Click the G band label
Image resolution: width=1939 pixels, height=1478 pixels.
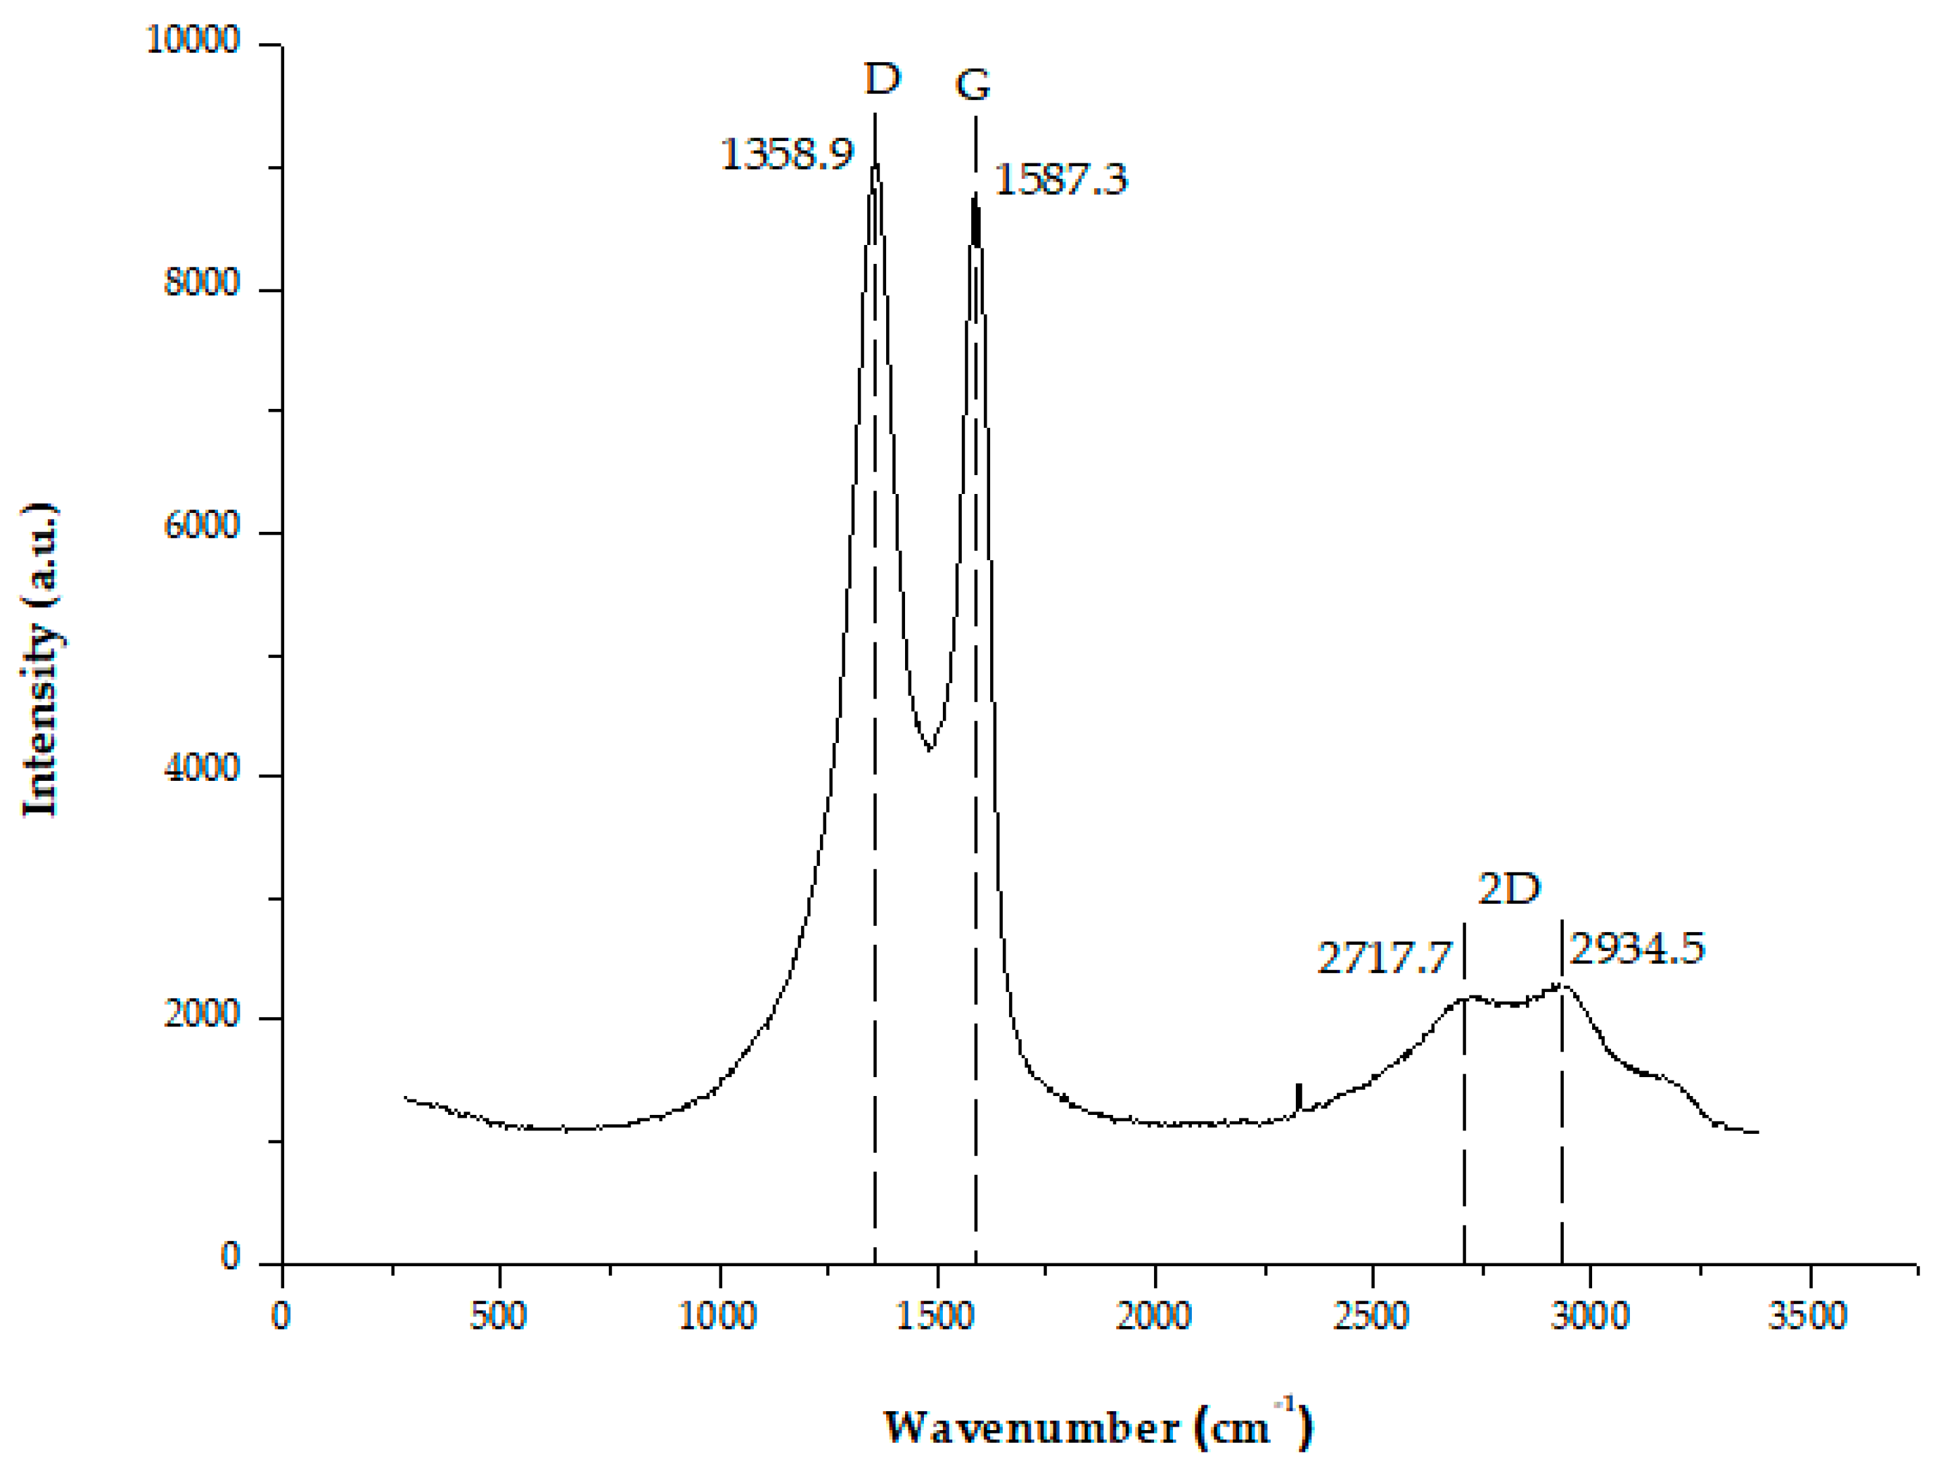(973, 85)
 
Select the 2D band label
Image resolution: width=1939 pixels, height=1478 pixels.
(1510, 889)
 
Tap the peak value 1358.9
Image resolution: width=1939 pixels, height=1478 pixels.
(786, 155)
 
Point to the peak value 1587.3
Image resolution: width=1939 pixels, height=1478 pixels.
(1060, 180)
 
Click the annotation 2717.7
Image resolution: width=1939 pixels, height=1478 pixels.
(1383, 957)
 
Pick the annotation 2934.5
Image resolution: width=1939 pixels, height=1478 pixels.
(1637, 948)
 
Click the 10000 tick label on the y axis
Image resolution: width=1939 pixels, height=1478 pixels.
(192, 40)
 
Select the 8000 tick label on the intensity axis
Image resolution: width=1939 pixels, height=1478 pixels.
(202, 284)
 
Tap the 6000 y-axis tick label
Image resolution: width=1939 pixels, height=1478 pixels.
(202, 527)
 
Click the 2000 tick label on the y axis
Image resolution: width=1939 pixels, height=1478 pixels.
(202, 1014)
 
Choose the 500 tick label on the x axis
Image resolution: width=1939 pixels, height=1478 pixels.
(498, 1317)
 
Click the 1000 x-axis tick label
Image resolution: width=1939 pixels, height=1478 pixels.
(717, 1317)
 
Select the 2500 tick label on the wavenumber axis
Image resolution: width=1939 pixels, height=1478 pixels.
(1371, 1317)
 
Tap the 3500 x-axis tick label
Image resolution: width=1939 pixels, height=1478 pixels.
(1807, 1317)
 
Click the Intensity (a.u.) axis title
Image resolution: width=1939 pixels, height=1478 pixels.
(40, 660)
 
